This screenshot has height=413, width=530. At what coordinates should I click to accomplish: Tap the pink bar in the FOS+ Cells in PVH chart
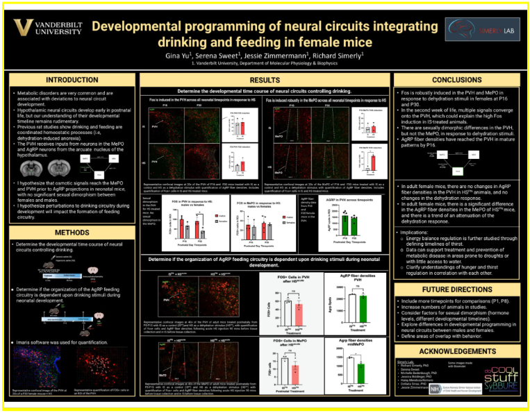tap(299, 314)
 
